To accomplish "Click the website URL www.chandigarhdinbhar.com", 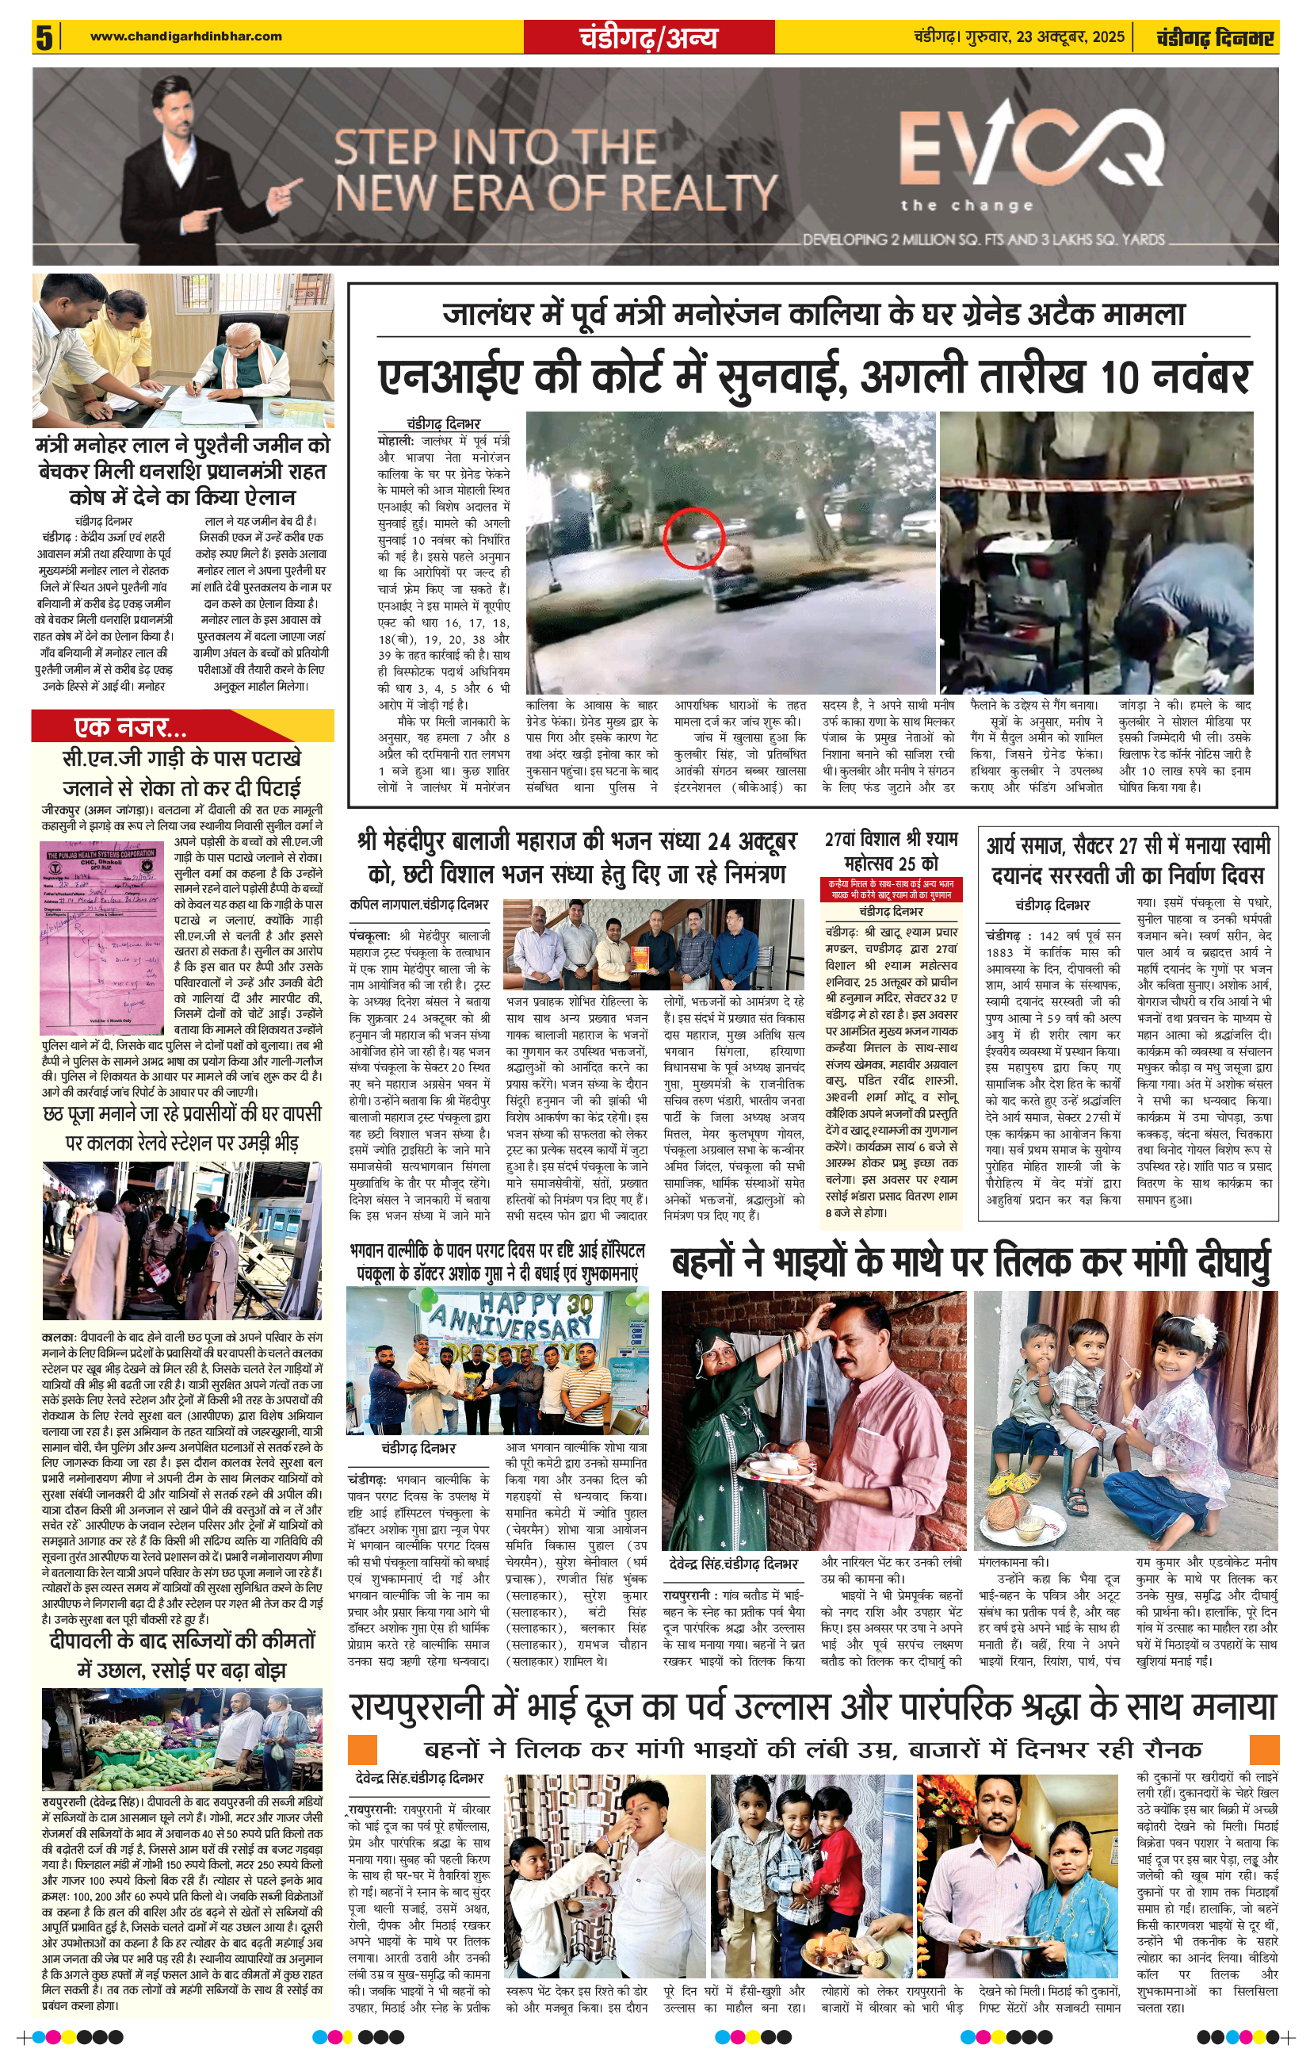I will pyautogui.click(x=185, y=36).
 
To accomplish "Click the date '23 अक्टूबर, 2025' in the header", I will pyautogui.click(x=1071, y=36).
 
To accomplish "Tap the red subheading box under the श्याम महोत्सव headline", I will pyautogui.click(x=892, y=888).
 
